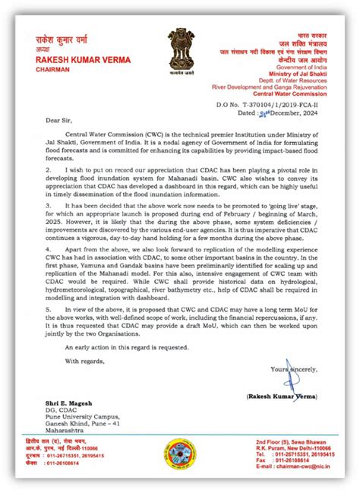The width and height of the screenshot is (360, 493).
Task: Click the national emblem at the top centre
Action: pos(181,47)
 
